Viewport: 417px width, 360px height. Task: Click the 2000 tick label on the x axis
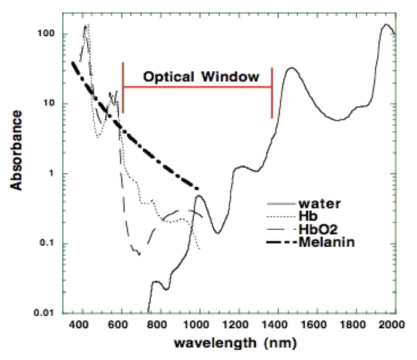[x=390, y=324]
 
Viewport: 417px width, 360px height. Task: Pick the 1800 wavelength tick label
[x=352, y=324]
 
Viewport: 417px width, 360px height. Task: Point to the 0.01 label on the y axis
[x=43, y=313]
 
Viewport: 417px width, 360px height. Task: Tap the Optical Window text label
[x=201, y=76]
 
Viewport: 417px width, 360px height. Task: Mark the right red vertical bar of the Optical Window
[x=272, y=93]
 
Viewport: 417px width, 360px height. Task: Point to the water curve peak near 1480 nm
[x=291, y=68]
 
